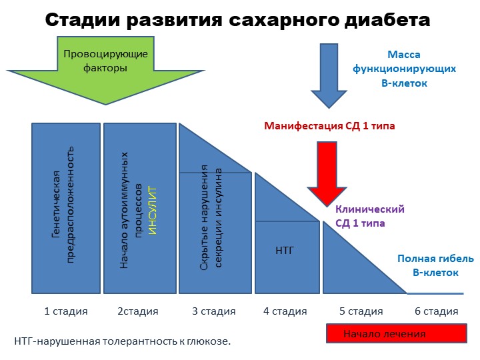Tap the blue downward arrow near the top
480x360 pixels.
(x=329, y=75)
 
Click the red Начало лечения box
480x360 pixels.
(x=397, y=333)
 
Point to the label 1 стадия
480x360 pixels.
(x=66, y=311)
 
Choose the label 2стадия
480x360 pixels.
(x=138, y=311)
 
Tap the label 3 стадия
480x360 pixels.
(x=214, y=311)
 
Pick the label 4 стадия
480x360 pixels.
(x=285, y=311)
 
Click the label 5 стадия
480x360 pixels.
(x=361, y=311)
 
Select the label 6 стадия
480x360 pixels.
(x=436, y=311)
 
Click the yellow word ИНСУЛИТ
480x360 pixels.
(x=152, y=211)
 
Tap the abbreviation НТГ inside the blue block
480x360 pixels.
(x=285, y=251)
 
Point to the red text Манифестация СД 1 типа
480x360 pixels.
(x=329, y=126)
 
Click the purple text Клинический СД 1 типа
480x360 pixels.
(x=370, y=216)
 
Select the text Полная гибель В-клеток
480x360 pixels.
(x=435, y=265)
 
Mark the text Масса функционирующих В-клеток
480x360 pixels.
(x=404, y=69)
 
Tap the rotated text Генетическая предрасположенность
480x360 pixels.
(x=63, y=205)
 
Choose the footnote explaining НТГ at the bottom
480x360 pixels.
(x=123, y=341)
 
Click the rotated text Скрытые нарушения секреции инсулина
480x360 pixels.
(x=211, y=217)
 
